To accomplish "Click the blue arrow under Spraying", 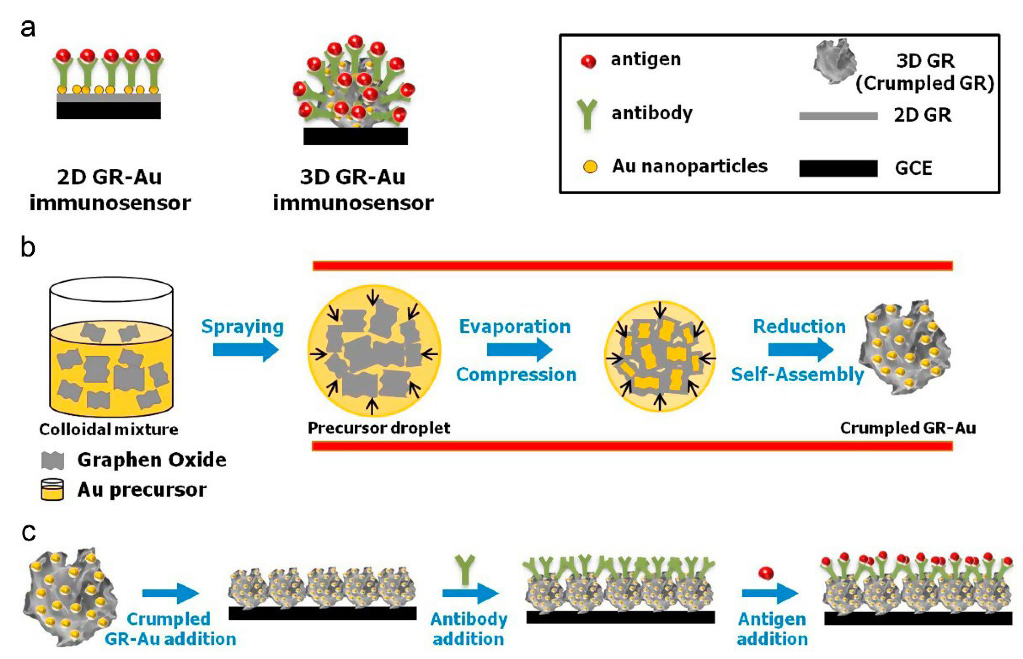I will tap(245, 350).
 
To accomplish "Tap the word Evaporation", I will tap(515, 327).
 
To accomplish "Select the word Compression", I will tap(516, 374).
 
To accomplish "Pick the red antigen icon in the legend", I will tap(588, 62).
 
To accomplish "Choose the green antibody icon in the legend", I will tap(587, 114).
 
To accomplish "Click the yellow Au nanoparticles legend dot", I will tap(590, 167).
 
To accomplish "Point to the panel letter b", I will tap(28, 247).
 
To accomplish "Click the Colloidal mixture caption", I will tap(108, 429).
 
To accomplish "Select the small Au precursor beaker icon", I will tap(52, 490).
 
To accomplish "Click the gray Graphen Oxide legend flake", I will tap(53, 460).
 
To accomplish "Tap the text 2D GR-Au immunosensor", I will tap(110, 190).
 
